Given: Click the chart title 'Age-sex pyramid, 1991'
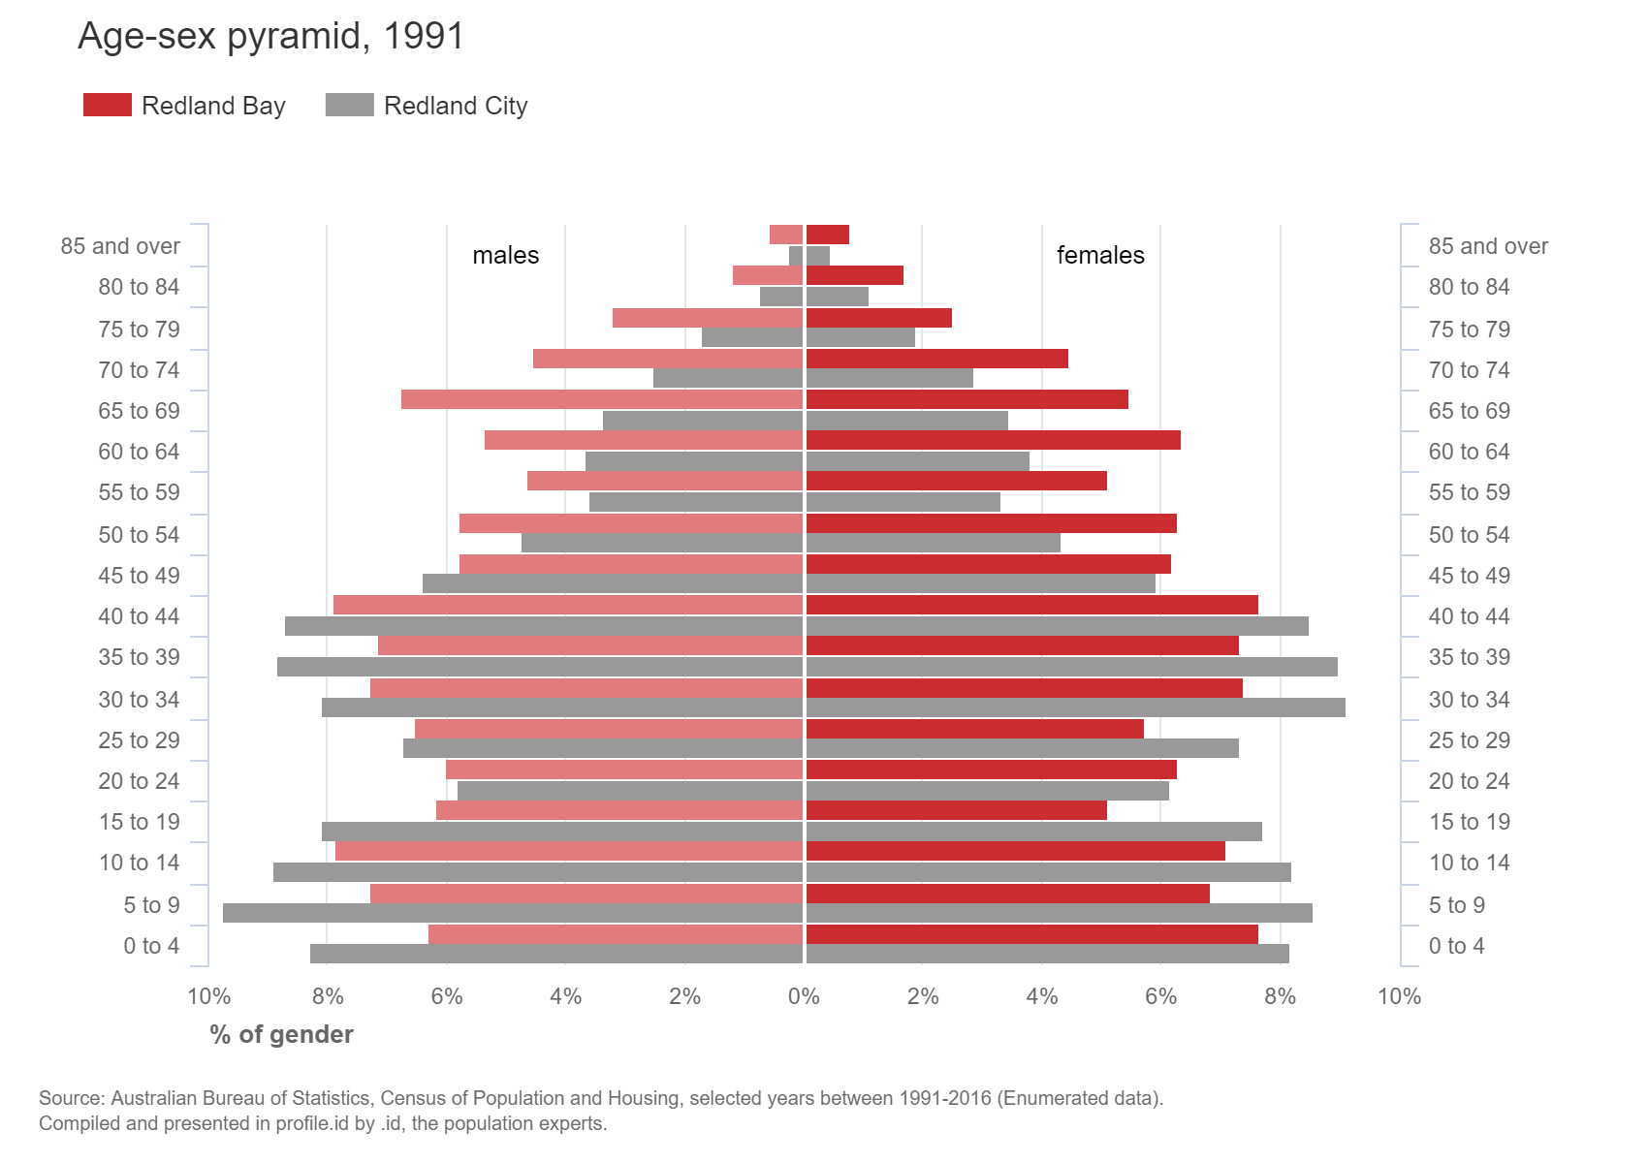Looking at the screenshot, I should tap(270, 37).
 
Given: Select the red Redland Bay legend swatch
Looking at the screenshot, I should tap(107, 105).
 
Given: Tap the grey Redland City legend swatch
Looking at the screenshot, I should tap(349, 105).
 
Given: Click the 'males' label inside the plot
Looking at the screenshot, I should tap(505, 255).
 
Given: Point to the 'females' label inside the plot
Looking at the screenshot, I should tap(1100, 255).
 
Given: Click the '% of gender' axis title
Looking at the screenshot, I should tap(281, 1035).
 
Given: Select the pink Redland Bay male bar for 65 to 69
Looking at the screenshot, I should tap(601, 399).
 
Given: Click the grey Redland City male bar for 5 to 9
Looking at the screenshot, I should tap(514, 913).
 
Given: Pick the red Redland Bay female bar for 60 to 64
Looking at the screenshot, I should tap(993, 440).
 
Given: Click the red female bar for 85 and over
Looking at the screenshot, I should tap(827, 235).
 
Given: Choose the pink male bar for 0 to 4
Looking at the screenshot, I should tap(616, 934).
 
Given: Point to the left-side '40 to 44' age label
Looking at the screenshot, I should tap(139, 616).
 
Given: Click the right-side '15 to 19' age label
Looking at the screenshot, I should tap(1469, 822).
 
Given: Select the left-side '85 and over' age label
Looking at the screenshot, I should tap(120, 246).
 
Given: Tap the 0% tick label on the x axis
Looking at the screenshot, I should tap(804, 996).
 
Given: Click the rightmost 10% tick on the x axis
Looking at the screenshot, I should tap(1399, 996).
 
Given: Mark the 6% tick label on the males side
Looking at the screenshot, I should tap(447, 996).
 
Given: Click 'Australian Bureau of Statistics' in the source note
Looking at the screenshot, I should tap(241, 1099).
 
